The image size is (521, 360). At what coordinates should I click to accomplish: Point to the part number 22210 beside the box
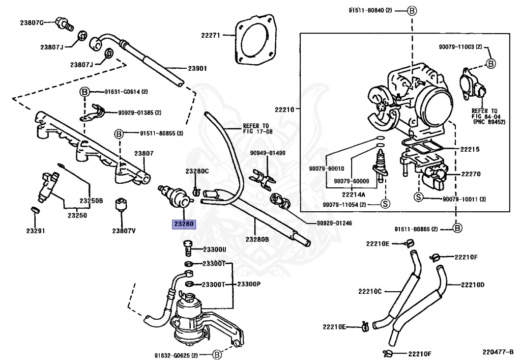point(284,108)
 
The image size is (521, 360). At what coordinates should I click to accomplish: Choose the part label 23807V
point(124,230)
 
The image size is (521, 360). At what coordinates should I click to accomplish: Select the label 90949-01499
point(268,153)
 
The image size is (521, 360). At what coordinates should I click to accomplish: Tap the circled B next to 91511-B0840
point(412,10)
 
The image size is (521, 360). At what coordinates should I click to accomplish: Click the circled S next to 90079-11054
point(385,204)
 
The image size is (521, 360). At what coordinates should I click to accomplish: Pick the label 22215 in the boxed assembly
point(470,149)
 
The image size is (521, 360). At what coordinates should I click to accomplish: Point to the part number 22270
point(471,174)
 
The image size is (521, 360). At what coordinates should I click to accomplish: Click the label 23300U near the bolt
point(214,249)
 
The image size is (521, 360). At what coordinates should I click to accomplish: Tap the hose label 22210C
point(369,291)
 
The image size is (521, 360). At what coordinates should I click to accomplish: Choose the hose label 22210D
point(472,285)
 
